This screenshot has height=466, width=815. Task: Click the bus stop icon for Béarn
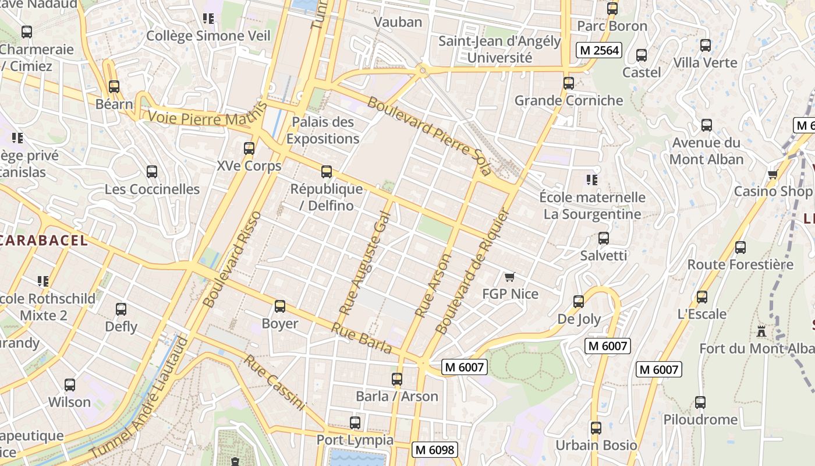pyautogui.click(x=114, y=87)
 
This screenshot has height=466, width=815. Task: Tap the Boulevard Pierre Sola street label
pyautogui.click(x=430, y=136)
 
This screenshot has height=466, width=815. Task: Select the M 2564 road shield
pyautogui.click(x=598, y=50)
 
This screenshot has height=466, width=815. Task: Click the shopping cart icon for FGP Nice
pyautogui.click(x=510, y=277)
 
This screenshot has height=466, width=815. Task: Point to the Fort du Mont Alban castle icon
pyautogui.click(x=760, y=331)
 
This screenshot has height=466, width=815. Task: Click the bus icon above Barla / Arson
pyautogui.click(x=397, y=379)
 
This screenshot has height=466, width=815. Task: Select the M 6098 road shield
pyautogui.click(x=434, y=450)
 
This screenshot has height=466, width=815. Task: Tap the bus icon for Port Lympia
pyautogui.click(x=355, y=422)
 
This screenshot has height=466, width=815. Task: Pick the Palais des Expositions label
pyautogui.click(x=323, y=130)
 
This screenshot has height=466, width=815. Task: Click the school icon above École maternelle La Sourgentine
pyautogui.click(x=592, y=179)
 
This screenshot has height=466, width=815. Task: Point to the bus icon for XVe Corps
pyautogui.click(x=249, y=148)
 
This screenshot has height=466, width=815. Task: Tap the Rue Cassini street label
pyautogui.click(x=274, y=382)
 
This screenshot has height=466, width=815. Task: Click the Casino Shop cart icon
pyautogui.click(x=773, y=174)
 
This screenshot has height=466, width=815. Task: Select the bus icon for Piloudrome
pyautogui.click(x=700, y=402)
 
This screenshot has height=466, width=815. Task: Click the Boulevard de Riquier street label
pyautogui.click(x=472, y=271)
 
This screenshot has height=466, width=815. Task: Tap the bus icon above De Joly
pyautogui.click(x=579, y=301)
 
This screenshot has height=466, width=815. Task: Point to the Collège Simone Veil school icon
pyautogui.click(x=208, y=19)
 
